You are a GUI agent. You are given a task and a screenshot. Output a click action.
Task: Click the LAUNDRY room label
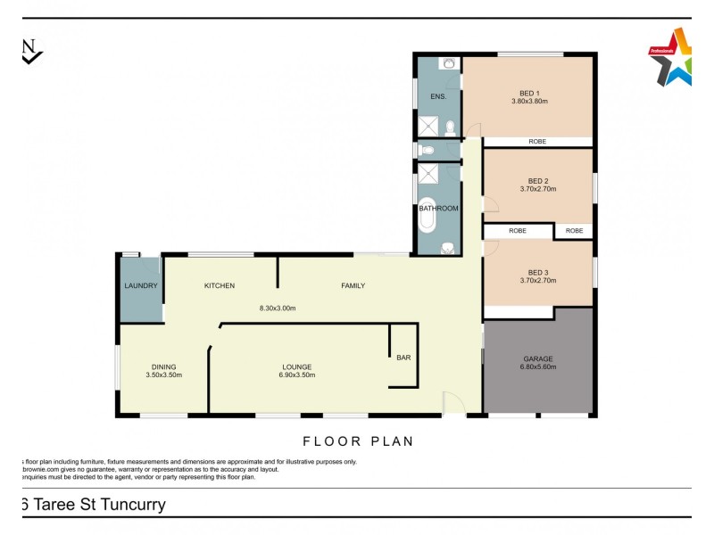(141, 286)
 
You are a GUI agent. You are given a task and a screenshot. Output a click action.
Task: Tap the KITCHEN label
(220, 286)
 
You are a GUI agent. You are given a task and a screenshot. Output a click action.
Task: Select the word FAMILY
(353, 286)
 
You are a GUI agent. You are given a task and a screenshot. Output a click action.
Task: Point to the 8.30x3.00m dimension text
(277, 309)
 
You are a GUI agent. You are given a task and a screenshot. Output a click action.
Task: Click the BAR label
(403, 358)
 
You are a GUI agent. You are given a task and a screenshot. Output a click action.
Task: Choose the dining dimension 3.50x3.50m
(163, 375)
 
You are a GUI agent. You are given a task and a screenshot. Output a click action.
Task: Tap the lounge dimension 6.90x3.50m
(296, 375)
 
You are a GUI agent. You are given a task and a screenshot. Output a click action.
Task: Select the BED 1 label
(529, 92)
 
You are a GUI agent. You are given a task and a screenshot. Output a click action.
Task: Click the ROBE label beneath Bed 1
(537, 142)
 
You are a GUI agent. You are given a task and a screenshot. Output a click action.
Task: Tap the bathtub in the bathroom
(429, 214)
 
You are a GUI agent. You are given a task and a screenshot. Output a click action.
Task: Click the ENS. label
(438, 95)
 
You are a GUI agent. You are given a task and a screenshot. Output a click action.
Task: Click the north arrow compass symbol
(30, 51)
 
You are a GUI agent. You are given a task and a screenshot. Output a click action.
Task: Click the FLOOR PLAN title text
(358, 440)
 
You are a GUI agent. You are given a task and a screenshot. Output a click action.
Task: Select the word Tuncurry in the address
(123, 505)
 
